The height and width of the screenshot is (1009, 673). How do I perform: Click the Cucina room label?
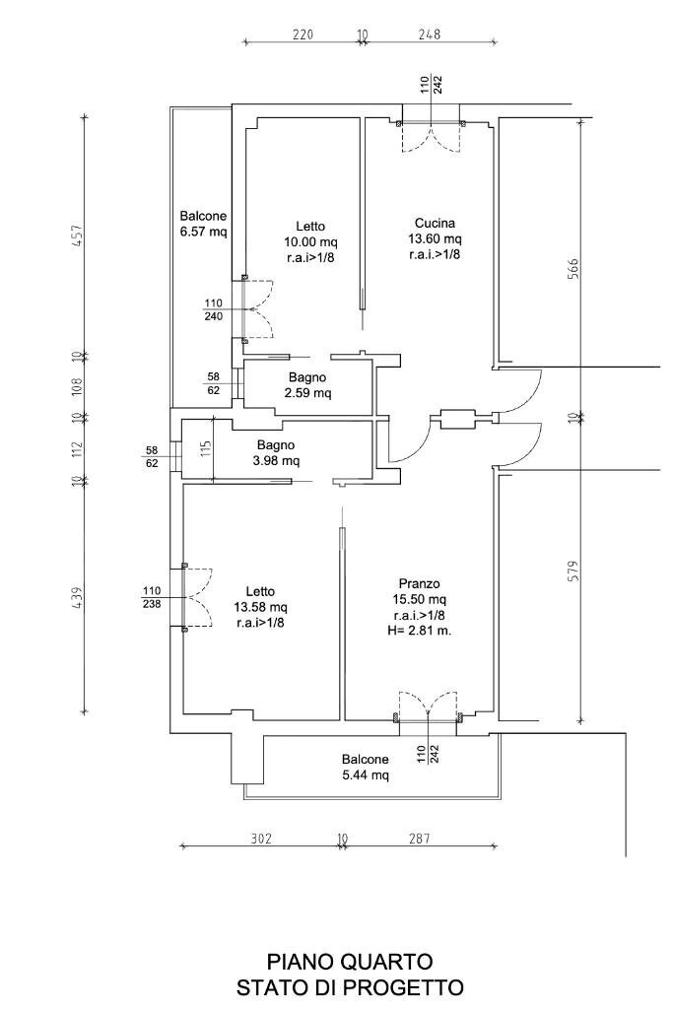(435, 224)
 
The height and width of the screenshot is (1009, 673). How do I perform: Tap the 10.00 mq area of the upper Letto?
(310, 242)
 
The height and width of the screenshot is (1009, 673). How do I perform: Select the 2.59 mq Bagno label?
(307, 385)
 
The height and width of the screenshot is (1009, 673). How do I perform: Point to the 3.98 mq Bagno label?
(276, 452)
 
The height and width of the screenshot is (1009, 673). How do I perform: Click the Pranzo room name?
(420, 583)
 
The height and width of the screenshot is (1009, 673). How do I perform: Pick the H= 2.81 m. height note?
(420, 631)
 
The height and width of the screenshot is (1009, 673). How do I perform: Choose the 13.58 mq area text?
(260, 607)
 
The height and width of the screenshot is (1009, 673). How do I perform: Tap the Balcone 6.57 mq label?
(203, 224)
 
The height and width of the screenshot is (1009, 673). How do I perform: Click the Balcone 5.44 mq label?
(366, 767)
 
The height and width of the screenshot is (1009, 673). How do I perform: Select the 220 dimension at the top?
(303, 34)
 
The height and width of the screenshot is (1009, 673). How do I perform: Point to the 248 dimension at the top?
(430, 34)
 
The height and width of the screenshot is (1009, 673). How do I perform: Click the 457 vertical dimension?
(77, 235)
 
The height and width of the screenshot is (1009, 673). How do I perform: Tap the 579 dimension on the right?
(573, 572)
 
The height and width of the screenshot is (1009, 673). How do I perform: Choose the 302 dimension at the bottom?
(260, 839)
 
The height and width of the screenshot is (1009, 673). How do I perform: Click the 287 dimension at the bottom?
(418, 839)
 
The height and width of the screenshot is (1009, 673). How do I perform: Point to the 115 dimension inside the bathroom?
(205, 448)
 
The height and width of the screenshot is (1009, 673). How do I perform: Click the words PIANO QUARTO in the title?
(350, 962)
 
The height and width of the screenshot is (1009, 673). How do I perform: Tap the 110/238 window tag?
(152, 598)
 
